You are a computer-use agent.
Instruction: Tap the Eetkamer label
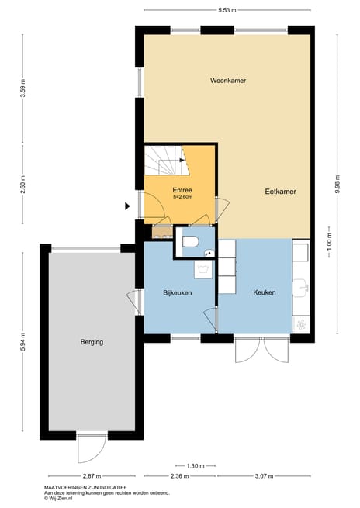pos(280,191)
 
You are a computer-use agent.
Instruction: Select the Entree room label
pos(182,190)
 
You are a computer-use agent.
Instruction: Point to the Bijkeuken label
pos(177,292)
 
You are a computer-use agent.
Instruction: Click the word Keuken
pos(265,292)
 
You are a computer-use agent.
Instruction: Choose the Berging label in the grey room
pos(91,342)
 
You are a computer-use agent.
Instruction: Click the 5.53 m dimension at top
pos(227,10)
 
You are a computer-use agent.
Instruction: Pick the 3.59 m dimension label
pos(22,92)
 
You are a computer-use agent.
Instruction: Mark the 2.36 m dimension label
pos(179,475)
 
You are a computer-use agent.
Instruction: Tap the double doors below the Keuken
pos(264,352)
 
